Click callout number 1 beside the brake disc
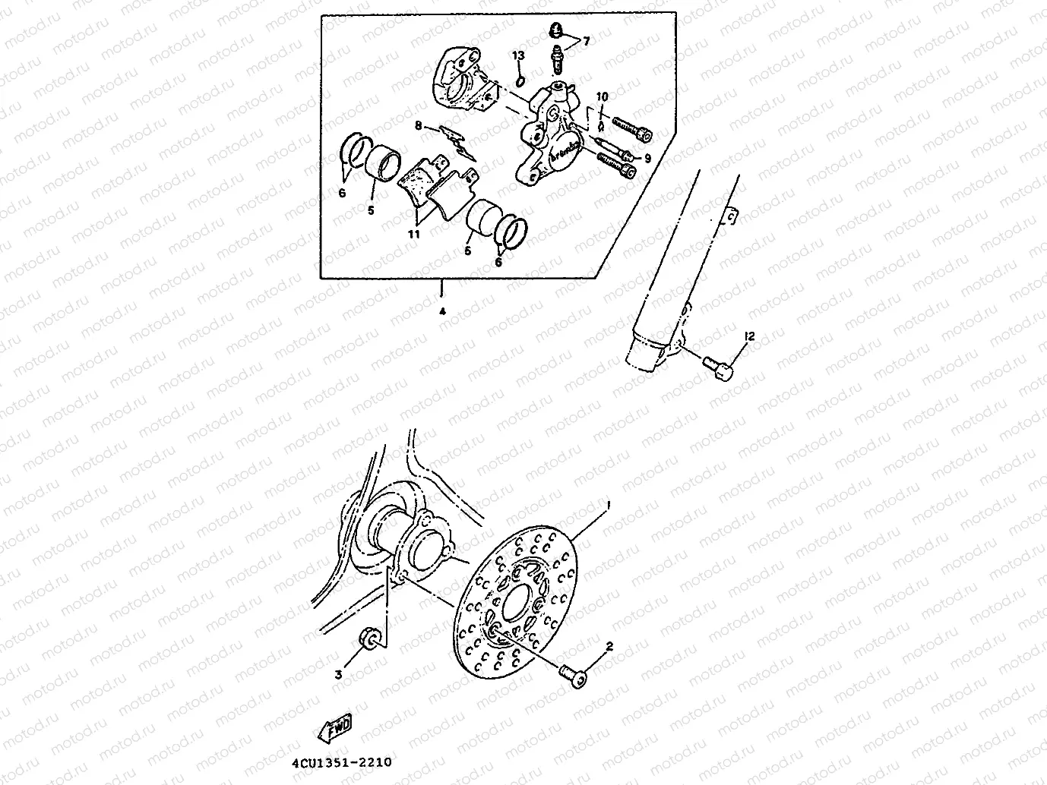607,504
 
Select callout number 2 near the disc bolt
609,647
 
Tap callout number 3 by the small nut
339,673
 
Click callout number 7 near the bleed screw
586,41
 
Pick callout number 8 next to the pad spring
418,127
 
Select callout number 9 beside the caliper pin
647,159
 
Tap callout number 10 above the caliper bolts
602,96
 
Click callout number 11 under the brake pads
414,235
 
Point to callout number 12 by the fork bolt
749,336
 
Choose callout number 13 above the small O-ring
518,55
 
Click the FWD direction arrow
334,730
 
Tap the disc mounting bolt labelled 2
574,675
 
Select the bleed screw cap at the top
555,31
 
